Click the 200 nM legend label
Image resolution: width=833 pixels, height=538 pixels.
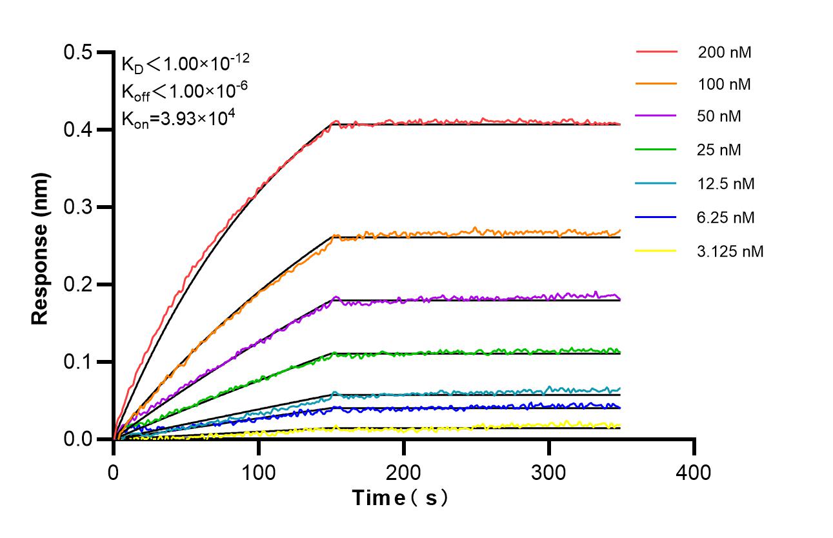click(x=724, y=52)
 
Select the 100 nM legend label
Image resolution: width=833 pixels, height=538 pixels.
click(x=724, y=84)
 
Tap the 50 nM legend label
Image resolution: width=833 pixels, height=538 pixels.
click(x=719, y=117)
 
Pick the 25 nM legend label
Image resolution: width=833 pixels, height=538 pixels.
click(x=719, y=150)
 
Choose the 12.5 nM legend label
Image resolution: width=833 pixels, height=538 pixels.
click(x=726, y=184)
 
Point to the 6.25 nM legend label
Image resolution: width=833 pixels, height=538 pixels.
click(x=726, y=217)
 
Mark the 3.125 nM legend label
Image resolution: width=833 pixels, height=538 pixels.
click(x=730, y=251)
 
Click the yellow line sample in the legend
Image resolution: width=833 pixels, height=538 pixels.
click(x=656, y=250)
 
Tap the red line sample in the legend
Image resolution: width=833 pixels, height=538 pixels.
click(x=656, y=52)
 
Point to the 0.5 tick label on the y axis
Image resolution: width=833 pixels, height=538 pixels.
click(x=78, y=52)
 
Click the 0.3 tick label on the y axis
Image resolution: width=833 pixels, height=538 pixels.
click(x=78, y=207)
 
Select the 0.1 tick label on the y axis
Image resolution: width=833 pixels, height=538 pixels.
click(x=78, y=362)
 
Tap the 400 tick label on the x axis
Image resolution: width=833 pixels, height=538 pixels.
click(x=694, y=472)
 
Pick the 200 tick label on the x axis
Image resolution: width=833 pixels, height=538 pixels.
click(x=404, y=472)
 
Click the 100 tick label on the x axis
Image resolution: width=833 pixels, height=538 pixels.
click(x=259, y=472)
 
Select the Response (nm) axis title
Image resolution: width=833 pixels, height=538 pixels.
click(x=41, y=248)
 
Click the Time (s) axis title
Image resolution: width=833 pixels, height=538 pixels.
click(x=399, y=498)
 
